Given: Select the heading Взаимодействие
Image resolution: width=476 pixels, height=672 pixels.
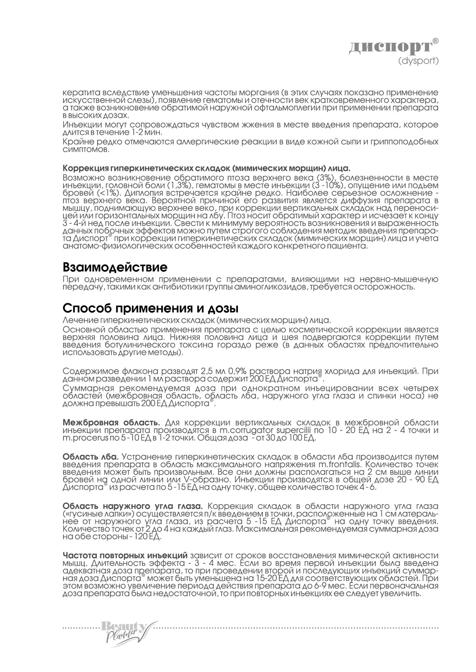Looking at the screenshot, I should [x=115, y=267].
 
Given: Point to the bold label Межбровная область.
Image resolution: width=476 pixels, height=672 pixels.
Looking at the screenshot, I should [x=112, y=422].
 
